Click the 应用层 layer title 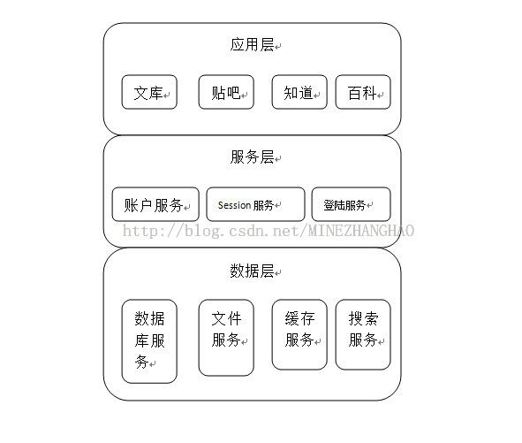(252, 45)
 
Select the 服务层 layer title (252, 157)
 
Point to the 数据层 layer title (252, 271)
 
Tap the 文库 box (149, 92)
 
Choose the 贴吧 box (226, 92)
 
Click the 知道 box (299, 92)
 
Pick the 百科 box (363, 92)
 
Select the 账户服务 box (155, 204)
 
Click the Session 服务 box (255, 204)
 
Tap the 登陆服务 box (351, 204)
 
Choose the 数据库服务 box (149, 341)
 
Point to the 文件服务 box (226, 338)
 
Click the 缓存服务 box (299, 334)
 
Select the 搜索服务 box (363, 334)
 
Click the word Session (234, 205)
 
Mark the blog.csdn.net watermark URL (269, 231)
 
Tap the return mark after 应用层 (278, 47)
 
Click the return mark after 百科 (380, 95)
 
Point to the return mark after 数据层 (278, 272)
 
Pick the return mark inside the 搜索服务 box (382, 342)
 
